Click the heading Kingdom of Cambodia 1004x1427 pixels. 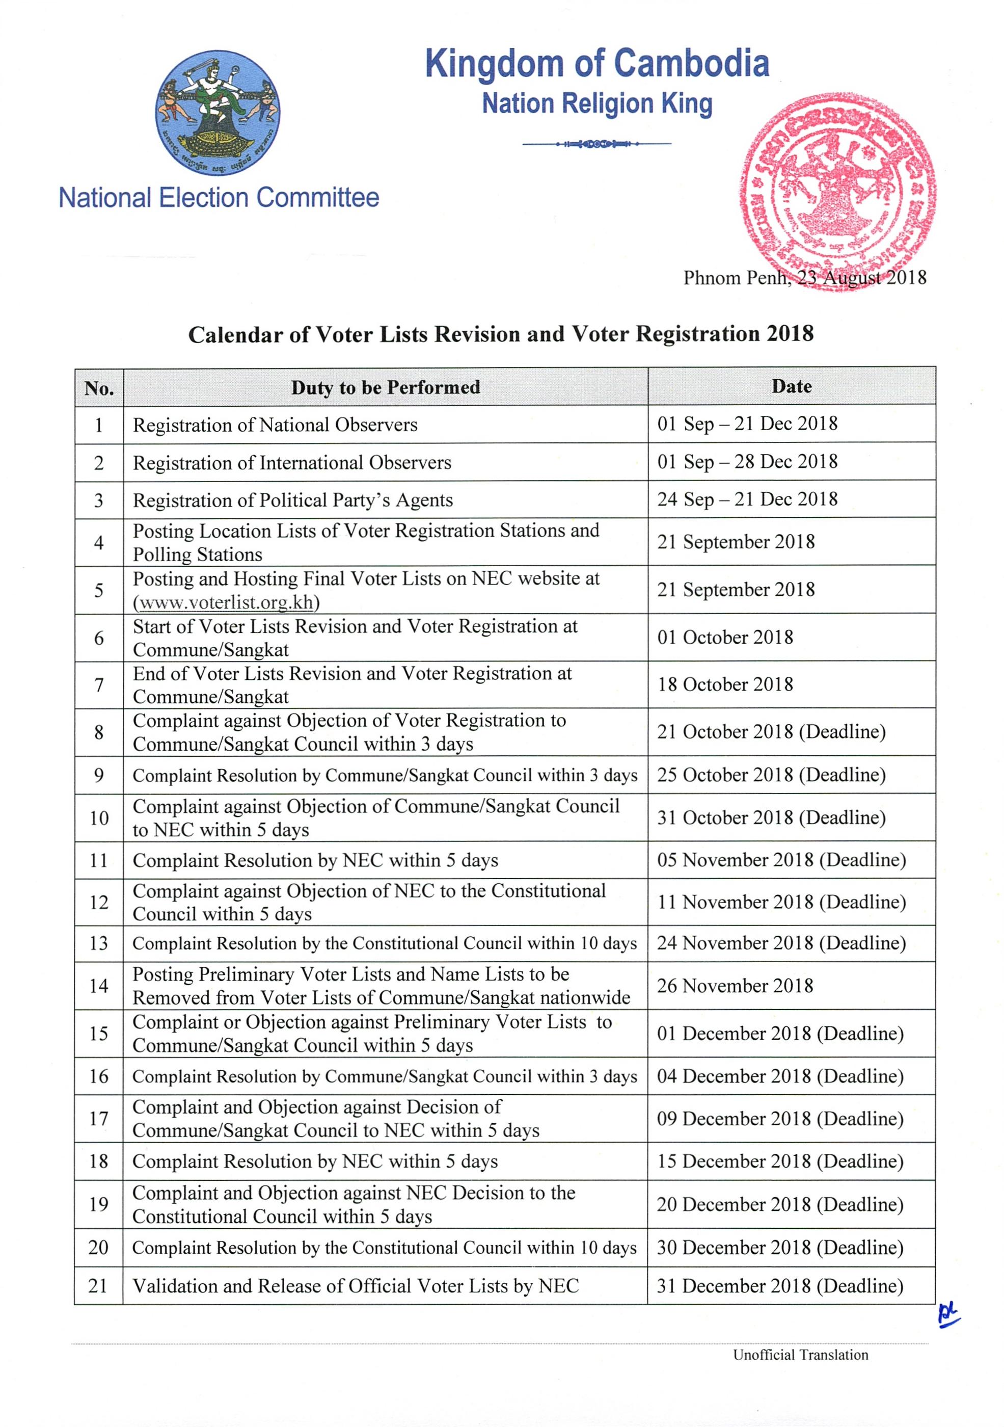(597, 64)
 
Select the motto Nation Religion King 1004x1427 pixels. (597, 104)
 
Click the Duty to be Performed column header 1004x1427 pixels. (385, 387)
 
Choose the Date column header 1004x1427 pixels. (792, 387)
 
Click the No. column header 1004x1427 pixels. (99, 388)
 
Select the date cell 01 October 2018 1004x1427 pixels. (725, 637)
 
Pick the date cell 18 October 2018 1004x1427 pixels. (725, 684)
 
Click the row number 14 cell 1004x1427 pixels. (99, 986)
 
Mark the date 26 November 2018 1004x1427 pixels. (735, 986)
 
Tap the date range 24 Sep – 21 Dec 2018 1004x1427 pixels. (747, 499)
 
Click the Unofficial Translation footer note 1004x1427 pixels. (800, 1355)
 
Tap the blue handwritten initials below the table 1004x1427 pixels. (948, 1316)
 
